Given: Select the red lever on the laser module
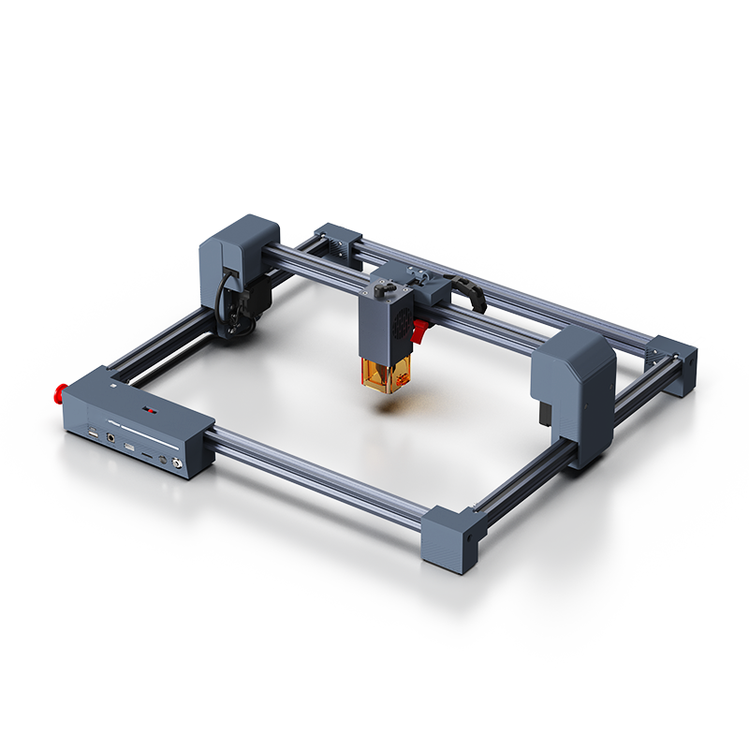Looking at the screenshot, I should click(x=421, y=330).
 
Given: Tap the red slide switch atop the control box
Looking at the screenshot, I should click(x=149, y=410).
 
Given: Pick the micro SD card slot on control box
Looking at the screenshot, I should click(x=148, y=454).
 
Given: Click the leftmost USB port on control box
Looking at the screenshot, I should click(x=95, y=432).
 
